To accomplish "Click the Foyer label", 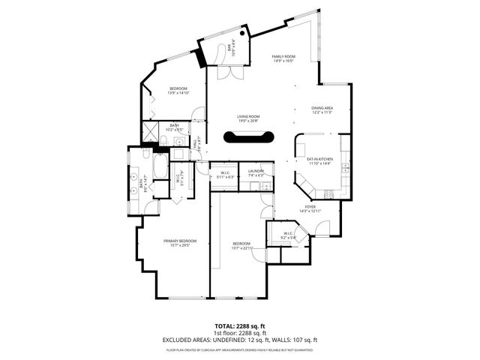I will coord(310,208).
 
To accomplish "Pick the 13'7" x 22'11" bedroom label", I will coord(241,245).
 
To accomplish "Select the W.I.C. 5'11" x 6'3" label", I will coord(224,175).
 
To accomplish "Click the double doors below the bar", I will coord(228,73).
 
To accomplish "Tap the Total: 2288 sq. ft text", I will coord(240,326).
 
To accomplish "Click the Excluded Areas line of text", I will coord(240,339).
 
